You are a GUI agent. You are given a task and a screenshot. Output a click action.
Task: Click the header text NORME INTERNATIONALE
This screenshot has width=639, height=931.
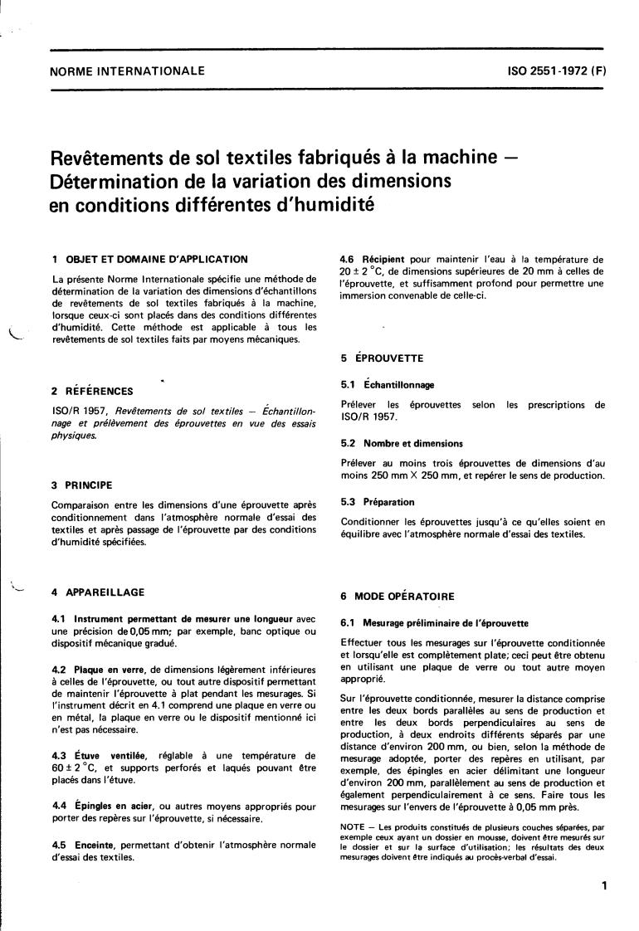[127, 71]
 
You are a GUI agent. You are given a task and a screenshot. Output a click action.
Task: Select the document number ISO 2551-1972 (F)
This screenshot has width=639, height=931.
[557, 71]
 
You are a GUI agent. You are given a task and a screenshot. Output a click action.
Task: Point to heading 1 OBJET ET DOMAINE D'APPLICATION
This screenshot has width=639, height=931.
[149, 260]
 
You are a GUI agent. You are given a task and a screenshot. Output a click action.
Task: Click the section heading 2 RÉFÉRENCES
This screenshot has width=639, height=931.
[91, 391]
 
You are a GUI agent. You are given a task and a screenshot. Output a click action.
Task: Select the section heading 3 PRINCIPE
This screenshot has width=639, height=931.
[82, 485]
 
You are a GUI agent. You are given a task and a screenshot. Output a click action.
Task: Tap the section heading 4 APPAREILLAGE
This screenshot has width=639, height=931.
[98, 592]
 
